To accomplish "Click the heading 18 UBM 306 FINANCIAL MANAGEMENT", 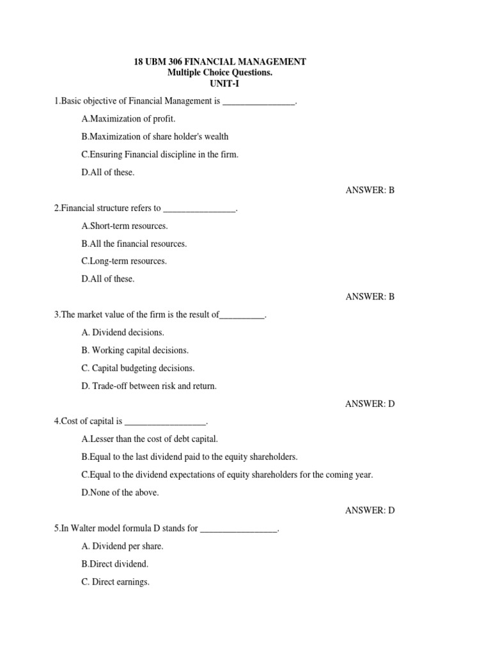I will [220, 62].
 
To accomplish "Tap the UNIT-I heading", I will [219, 84].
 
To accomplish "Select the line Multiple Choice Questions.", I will [219, 73].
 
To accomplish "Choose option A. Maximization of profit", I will [128, 119].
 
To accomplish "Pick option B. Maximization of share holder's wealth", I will [155, 136].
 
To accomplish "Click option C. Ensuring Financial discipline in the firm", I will [160, 154].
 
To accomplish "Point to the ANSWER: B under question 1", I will [370, 190].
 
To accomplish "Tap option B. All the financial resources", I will [134, 244].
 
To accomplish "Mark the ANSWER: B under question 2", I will [370, 297].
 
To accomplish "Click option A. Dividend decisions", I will [123, 333].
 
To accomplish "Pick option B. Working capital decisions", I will [135, 351].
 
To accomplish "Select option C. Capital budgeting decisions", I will [137, 368].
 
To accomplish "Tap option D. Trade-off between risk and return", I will [149, 386].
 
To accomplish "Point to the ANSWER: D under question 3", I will [370, 404].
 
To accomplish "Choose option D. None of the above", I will [120, 493].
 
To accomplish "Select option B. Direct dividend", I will [115, 564].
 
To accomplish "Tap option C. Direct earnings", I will [115, 582].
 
